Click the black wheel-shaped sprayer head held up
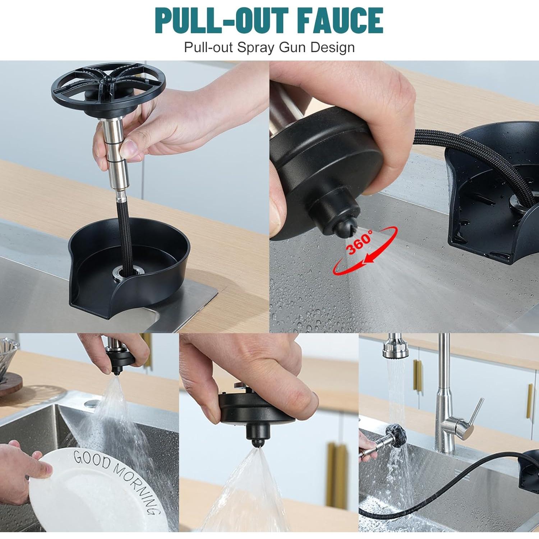click(x=108, y=87)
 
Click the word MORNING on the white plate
click(x=137, y=485)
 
